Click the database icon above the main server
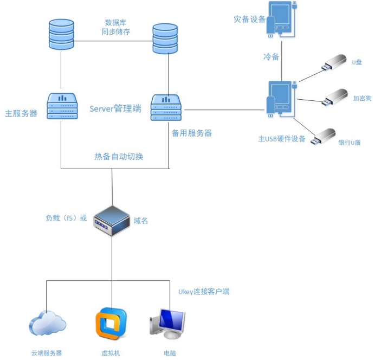click(x=61, y=34)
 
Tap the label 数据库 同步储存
click(x=115, y=27)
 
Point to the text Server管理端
click(x=115, y=108)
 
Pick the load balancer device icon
click(x=111, y=220)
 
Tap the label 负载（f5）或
click(x=66, y=218)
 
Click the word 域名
click(x=141, y=221)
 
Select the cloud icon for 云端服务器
click(x=47, y=324)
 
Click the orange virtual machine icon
click(x=111, y=324)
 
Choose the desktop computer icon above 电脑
click(x=167, y=324)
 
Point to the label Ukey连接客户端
click(x=204, y=292)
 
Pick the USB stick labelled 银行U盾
click(x=324, y=136)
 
